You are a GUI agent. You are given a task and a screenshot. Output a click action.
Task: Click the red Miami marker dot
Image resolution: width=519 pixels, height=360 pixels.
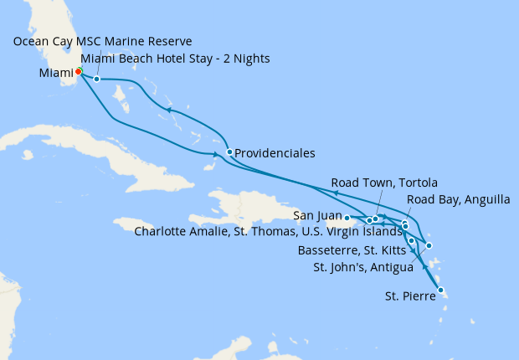click(x=79, y=70)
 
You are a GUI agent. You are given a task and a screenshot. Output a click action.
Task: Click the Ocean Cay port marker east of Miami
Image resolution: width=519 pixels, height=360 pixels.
click(x=97, y=80)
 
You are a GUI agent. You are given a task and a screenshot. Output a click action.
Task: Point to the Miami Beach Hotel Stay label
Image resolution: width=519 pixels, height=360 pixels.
click(x=177, y=59)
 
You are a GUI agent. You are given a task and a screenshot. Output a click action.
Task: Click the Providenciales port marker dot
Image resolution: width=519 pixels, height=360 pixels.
click(x=229, y=152)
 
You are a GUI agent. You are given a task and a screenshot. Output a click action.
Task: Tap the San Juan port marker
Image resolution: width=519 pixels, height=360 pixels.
click(x=347, y=218)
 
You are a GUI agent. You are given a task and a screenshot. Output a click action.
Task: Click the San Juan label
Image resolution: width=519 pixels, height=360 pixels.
click(x=317, y=216)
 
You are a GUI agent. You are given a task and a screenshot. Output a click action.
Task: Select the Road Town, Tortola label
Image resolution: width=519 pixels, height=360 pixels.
click(x=384, y=183)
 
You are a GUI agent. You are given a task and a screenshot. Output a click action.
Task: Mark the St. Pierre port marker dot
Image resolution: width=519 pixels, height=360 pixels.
click(x=440, y=291)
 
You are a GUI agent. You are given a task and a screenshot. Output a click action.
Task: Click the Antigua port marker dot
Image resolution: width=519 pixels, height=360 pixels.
click(x=429, y=245)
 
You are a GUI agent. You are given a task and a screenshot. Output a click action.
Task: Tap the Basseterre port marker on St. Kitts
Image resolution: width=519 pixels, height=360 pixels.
click(x=411, y=241)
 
